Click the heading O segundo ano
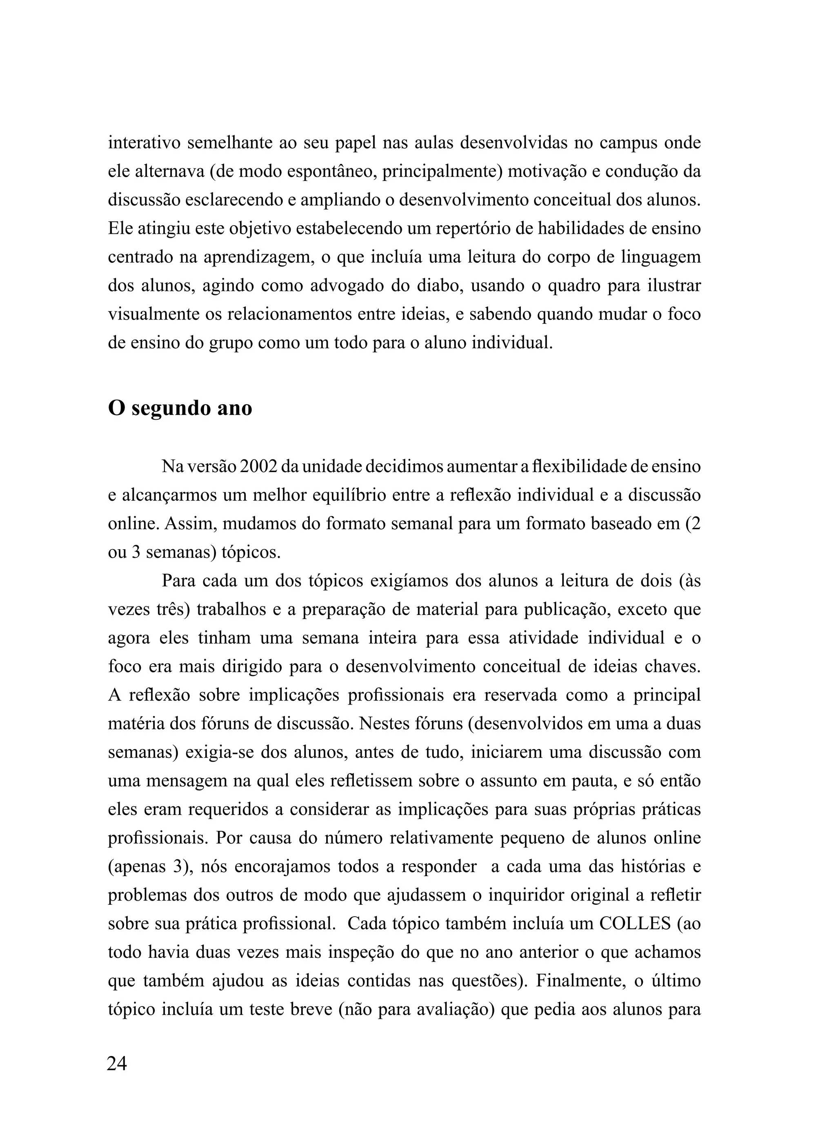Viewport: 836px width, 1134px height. (180, 408)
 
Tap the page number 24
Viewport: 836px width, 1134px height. (117, 1064)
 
